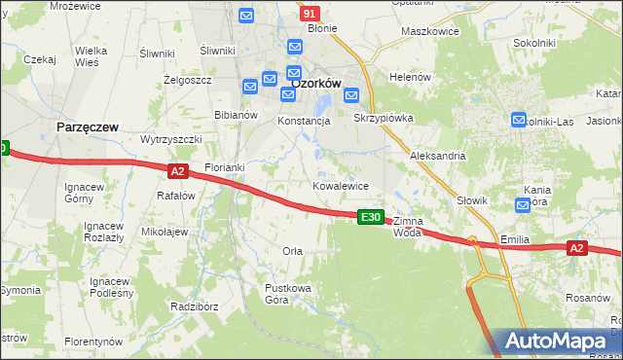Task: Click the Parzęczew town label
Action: click(x=88, y=127)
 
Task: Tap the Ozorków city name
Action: click(x=315, y=84)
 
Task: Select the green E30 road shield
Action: click(x=370, y=217)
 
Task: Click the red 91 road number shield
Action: click(x=310, y=14)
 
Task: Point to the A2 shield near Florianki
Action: click(x=177, y=171)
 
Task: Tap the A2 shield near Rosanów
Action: click(x=577, y=249)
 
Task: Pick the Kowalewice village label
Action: click(x=340, y=185)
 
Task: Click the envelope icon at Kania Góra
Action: click(x=523, y=204)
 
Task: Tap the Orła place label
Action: click(x=292, y=251)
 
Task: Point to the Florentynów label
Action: click(x=93, y=342)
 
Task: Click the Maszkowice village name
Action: click(x=429, y=31)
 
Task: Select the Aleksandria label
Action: click(x=438, y=156)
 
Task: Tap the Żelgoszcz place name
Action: click(x=188, y=80)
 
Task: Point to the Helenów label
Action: click(x=409, y=77)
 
